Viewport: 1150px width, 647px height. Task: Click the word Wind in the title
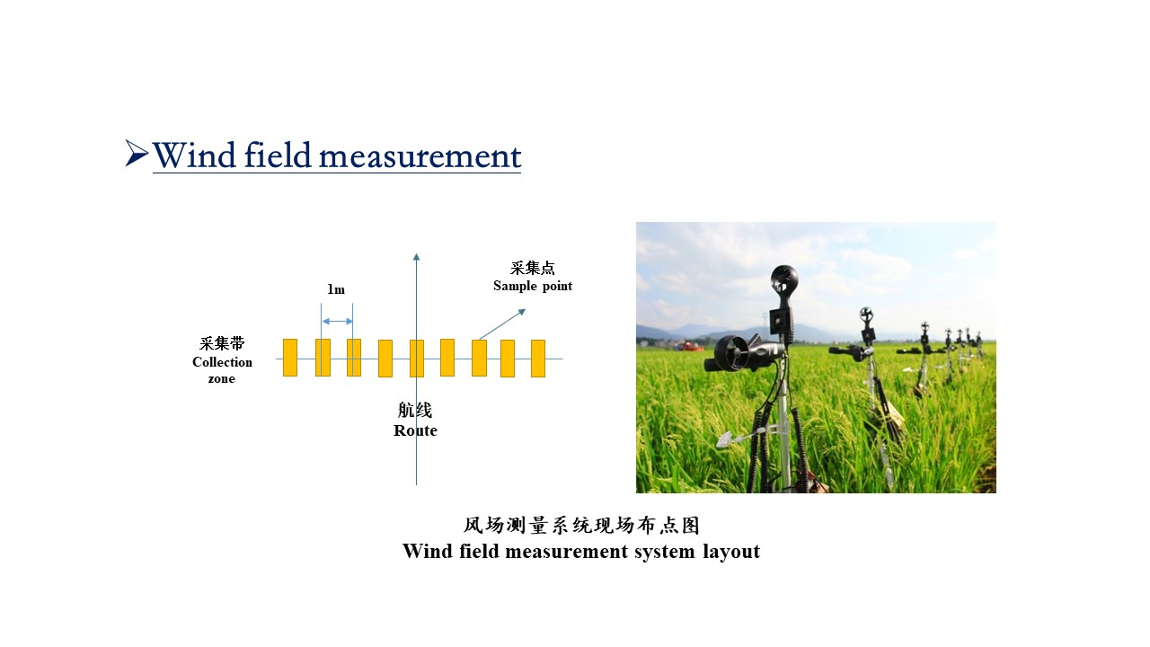[x=194, y=155]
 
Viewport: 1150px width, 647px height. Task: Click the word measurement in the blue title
[x=420, y=156]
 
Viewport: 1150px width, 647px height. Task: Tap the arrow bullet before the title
[x=137, y=153]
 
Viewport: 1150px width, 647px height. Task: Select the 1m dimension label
[x=336, y=289]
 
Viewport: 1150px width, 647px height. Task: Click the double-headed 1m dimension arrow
[x=337, y=322]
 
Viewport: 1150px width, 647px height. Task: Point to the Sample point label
[x=533, y=286]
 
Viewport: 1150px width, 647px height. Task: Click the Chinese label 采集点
[x=533, y=268]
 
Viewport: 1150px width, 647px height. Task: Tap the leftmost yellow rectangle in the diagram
[x=290, y=358]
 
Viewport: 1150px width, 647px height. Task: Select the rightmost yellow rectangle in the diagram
[x=538, y=359]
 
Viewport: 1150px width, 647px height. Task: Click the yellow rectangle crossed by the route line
[x=417, y=359]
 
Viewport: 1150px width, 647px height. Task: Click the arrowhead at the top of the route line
[x=416, y=257]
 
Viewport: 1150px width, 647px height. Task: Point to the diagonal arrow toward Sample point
[x=502, y=324]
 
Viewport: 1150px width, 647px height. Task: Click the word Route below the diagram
[x=415, y=430]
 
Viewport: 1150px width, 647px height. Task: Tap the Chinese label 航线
[x=415, y=411]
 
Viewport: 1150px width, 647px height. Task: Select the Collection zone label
[x=222, y=370]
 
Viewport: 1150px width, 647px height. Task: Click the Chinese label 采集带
[x=222, y=343]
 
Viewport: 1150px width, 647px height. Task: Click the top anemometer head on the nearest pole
[x=784, y=280]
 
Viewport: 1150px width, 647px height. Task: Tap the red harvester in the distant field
[x=688, y=346]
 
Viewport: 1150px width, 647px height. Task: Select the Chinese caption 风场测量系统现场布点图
[x=581, y=526]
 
